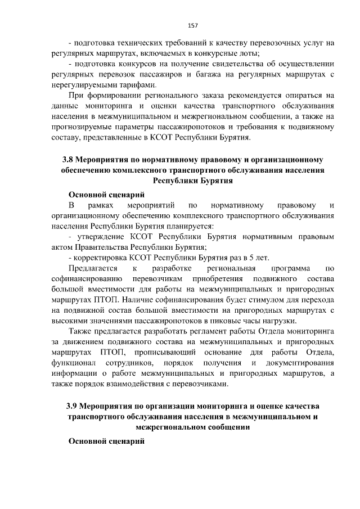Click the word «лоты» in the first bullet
coord(245,53)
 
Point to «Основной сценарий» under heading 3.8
coord(106,195)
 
